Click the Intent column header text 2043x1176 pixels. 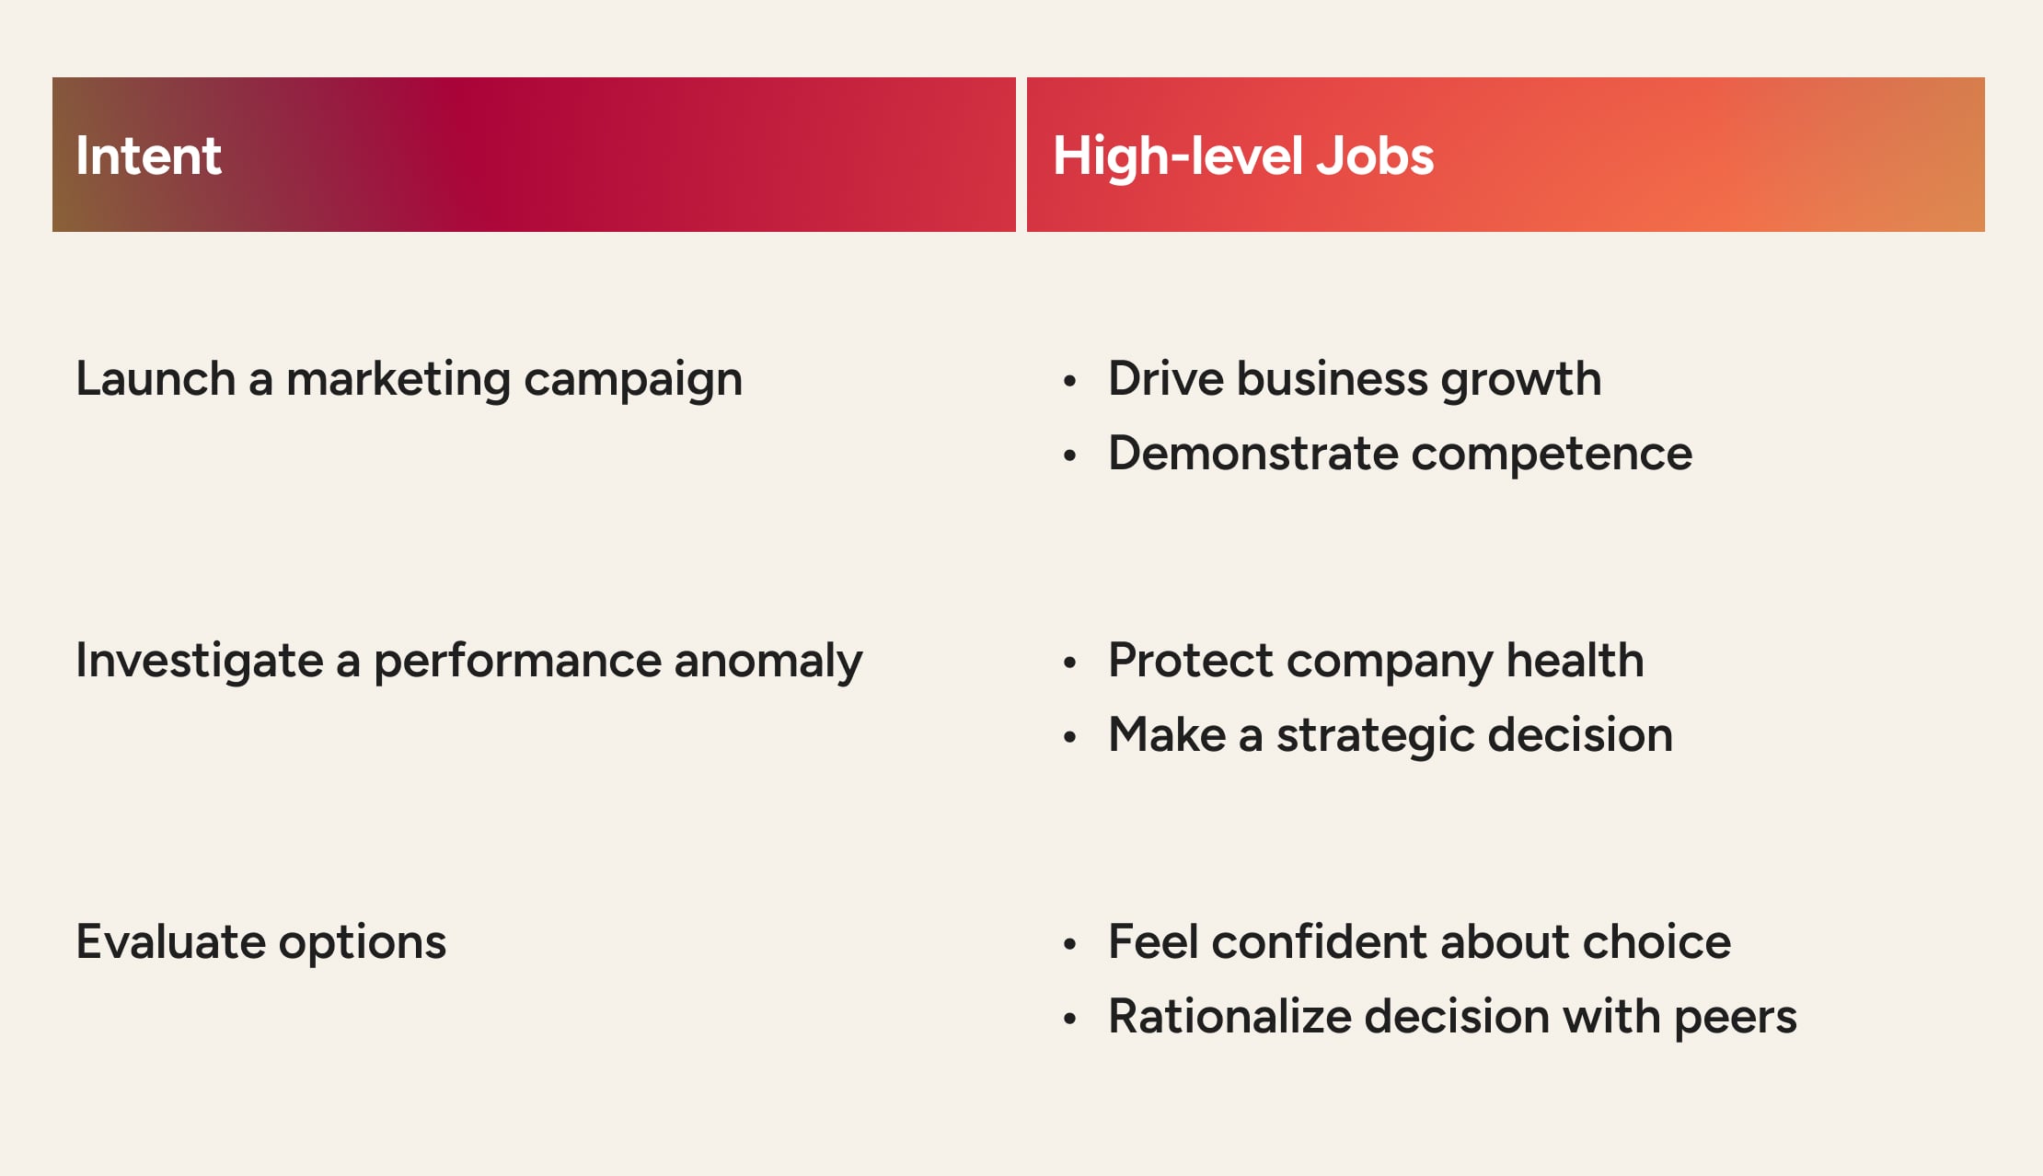point(148,156)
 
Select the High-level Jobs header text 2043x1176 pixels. point(1242,156)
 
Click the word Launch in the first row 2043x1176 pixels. point(156,378)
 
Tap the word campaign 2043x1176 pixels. point(632,380)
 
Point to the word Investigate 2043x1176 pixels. point(200,661)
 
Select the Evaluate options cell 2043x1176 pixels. point(260,942)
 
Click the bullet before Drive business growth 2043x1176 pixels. point(1069,380)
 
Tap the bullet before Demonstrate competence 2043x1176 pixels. point(1069,455)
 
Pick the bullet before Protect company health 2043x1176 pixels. point(1069,662)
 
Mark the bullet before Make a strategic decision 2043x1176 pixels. point(1069,736)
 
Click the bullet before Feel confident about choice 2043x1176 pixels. point(1069,943)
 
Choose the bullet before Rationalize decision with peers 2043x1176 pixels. point(1069,1018)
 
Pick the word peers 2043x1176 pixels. point(1735,1017)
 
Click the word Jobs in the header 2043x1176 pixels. point(1375,156)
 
